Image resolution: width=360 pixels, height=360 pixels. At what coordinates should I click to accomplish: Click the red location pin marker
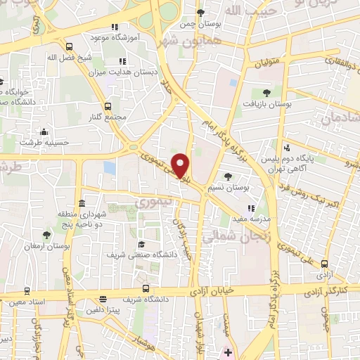click(181, 166)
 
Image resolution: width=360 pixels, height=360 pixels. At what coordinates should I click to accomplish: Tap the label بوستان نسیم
click(231, 188)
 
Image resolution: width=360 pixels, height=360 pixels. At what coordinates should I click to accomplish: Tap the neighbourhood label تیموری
click(149, 202)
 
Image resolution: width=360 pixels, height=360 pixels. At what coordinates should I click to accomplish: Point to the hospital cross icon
click(228, 351)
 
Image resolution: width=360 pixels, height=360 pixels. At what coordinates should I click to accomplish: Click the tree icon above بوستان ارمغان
click(46, 235)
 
